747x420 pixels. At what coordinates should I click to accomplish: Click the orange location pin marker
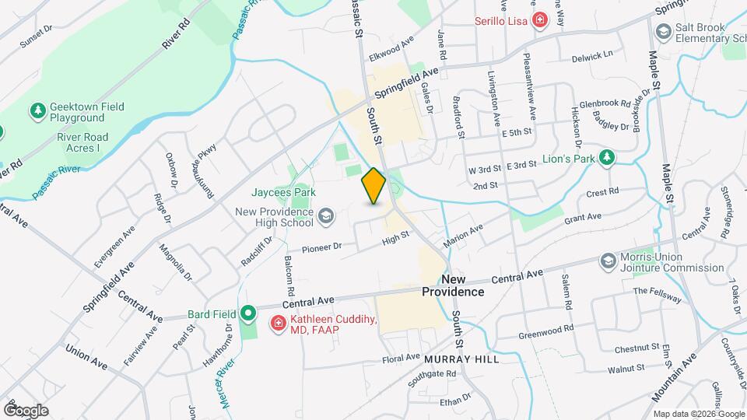click(374, 186)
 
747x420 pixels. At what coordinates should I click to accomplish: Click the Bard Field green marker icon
click(248, 314)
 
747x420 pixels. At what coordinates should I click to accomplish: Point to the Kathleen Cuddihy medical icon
click(276, 322)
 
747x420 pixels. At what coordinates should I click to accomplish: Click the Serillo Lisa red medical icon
click(539, 23)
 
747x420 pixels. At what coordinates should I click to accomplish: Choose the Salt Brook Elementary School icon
click(664, 32)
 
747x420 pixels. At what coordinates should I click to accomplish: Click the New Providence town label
click(453, 285)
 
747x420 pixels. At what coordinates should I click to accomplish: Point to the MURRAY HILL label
click(456, 359)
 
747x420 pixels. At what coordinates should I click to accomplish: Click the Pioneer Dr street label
click(322, 247)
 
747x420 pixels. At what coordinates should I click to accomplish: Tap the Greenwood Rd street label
click(545, 333)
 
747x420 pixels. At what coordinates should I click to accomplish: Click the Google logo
click(26, 410)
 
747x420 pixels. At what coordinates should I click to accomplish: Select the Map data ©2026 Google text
click(697, 414)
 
